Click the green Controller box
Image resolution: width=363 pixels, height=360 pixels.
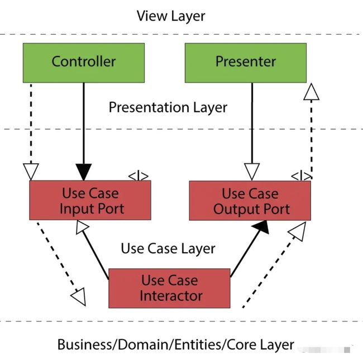[x=84, y=63]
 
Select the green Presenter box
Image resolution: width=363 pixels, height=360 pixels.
[x=246, y=63]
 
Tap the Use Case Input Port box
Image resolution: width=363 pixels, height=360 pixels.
[x=90, y=200]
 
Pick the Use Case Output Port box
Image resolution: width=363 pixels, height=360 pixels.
[x=250, y=201]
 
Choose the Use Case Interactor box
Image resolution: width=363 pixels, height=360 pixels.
[x=169, y=288]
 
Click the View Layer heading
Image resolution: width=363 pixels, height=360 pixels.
[x=171, y=16]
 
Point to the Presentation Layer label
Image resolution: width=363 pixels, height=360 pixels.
[x=168, y=107]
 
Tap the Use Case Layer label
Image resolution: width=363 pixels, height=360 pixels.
[x=168, y=249]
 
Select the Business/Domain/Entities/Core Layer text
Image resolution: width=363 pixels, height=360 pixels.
[x=176, y=345]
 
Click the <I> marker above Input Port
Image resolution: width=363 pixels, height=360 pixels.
[x=138, y=176]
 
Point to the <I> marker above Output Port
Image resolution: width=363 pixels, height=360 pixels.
[x=301, y=177]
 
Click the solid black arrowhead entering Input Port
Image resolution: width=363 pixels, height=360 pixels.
[x=84, y=172]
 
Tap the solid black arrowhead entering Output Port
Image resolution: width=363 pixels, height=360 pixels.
[x=262, y=227]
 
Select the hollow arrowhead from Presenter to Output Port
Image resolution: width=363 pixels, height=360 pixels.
[x=252, y=172]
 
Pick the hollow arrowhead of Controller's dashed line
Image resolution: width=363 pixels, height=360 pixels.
[x=31, y=172]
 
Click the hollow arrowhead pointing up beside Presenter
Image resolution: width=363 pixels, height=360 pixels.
[x=312, y=92]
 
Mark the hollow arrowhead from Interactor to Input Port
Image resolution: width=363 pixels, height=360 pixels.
[x=82, y=227]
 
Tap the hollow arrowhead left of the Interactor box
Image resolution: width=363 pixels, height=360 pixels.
[x=79, y=297]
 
